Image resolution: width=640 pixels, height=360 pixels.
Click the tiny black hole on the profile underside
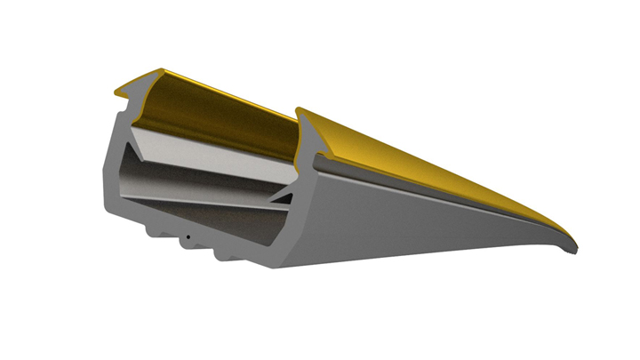click(188, 237)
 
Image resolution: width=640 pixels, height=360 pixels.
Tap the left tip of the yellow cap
click(116, 91)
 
